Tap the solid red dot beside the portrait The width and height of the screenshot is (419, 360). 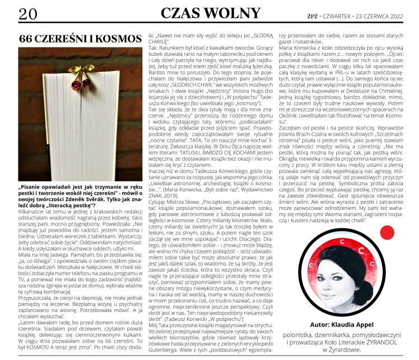tap(387, 232)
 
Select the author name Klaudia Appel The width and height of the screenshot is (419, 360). tap(354, 323)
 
